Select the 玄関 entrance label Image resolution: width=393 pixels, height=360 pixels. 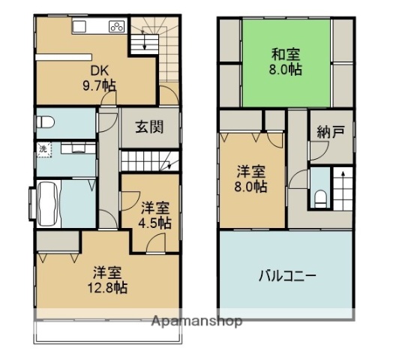pyautogui.click(x=149, y=127)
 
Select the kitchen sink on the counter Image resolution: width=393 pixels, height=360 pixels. pyautogui.click(x=81, y=27)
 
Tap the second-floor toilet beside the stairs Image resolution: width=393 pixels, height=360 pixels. pyautogui.click(x=320, y=196)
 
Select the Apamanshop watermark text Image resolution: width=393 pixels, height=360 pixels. pyautogui.click(x=197, y=321)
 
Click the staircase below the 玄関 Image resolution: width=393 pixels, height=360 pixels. pyautogui.click(x=149, y=160)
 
